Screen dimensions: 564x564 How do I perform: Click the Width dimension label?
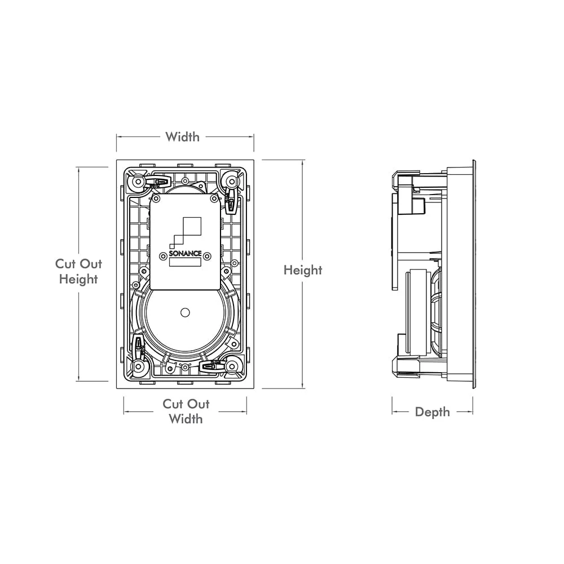[x=182, y=136]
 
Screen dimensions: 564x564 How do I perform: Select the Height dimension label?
[x=303, y=270]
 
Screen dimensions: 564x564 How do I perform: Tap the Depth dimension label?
[x=433, y=412]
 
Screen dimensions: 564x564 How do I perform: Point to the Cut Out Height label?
[x=78, y=271]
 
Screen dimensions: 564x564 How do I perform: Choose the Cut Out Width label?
[x=186, y=411]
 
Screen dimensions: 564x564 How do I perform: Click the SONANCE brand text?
[x=185, y=253]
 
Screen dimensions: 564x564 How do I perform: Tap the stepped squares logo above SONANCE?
[x=186, y=232]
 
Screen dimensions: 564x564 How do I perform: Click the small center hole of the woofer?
[x=185, y=312]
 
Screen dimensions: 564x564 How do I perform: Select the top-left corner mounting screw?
[x=138, y=181]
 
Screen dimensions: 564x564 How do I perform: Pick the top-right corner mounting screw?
[x=232, y=181]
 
